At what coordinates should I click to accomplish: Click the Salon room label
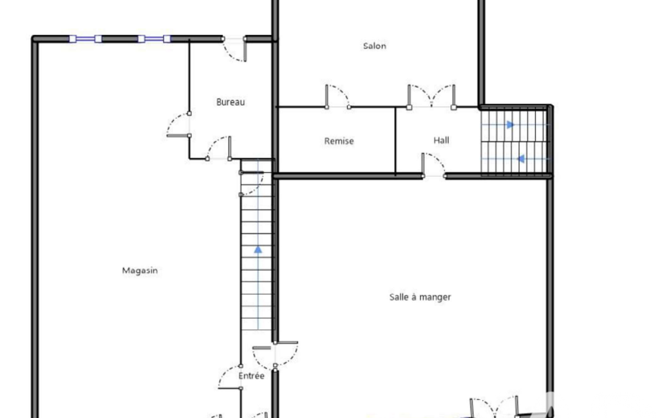(375, 46)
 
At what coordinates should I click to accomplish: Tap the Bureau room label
(231, 102)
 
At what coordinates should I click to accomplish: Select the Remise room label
(339, 141)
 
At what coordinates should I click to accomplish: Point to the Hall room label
(441, 140)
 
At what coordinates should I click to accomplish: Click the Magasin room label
(140, 270)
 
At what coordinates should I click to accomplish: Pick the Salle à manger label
(420, 297)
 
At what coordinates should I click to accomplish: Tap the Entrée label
(251, 376)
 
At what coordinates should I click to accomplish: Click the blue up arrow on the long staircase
(258, 250)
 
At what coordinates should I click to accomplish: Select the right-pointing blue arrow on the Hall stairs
(510, 125)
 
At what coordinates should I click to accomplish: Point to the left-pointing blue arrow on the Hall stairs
(521, 159)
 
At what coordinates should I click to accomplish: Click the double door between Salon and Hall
(431, 96)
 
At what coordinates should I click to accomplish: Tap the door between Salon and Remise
(337, 96)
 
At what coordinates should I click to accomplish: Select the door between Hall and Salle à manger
(433, 165)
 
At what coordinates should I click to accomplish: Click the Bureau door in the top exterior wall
(234, 50)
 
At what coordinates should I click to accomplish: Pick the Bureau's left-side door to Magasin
(178, 125)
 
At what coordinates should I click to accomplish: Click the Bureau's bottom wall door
(218, 148)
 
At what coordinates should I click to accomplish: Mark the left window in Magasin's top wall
(86, 39)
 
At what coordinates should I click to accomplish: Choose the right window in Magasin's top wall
(154, 39)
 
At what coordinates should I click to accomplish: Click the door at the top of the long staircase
(252, 183)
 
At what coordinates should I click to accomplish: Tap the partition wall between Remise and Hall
(395, 141)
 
